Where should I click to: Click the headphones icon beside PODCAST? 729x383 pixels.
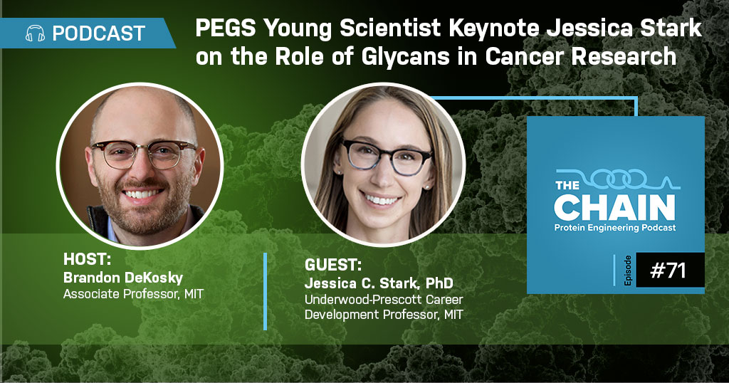point(35,33)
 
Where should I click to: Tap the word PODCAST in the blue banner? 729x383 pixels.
point(99,33)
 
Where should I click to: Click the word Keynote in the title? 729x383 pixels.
point(496,28)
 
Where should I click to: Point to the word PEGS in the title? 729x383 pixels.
point(226,28)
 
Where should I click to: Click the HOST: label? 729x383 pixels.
point(87,259)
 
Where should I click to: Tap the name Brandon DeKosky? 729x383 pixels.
point(123,278)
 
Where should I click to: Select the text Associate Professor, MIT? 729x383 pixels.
point(133,294)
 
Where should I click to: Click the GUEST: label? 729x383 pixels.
point(333,265)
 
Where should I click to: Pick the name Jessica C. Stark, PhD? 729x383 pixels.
point(379,283)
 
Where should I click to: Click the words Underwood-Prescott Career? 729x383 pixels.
point(384,299)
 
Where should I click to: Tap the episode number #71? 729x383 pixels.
point(668,270)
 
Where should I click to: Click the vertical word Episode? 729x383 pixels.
point(628,270)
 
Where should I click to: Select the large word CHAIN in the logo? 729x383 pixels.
point(614,208)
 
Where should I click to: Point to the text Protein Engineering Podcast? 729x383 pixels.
point(615,228)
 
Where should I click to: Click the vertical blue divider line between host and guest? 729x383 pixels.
point(266,291)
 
